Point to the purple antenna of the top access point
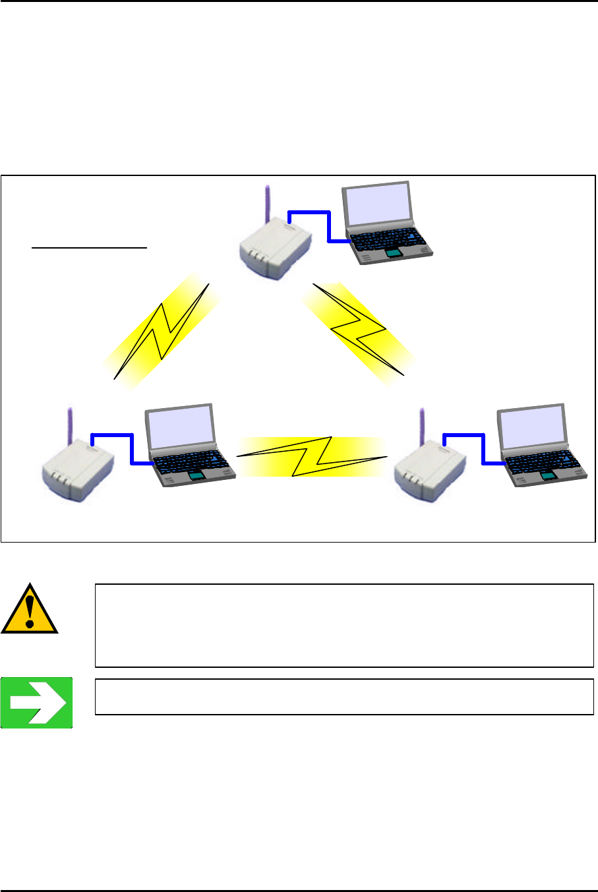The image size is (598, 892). (268, 204)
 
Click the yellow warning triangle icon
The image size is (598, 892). (29, 610)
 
